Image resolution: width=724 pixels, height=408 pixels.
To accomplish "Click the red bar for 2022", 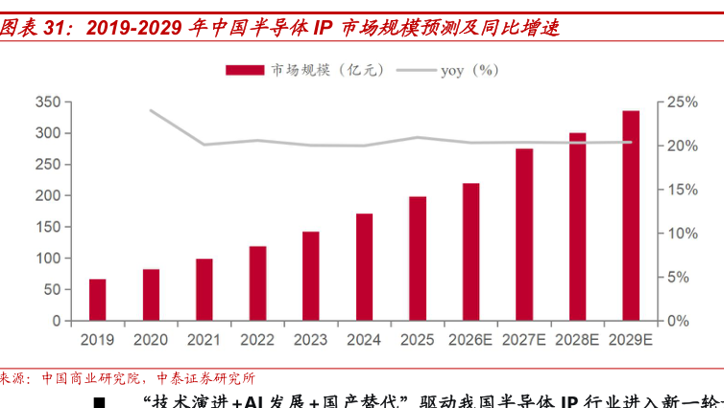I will tap(257, 283).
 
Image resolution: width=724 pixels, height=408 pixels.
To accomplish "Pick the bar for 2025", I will tap(418, 258).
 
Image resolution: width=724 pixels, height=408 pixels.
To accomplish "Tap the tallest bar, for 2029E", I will tap(631, 216).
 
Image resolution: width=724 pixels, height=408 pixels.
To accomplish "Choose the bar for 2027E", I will tap(524, 234).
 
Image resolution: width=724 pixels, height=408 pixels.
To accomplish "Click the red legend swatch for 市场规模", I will tap(245, 69).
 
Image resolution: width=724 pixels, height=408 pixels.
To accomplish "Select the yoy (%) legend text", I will tap(470, 69).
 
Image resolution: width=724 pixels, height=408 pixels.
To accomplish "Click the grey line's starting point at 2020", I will tap(151, 110).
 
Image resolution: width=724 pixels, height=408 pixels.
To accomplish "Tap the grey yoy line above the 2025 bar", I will tap(418, 137).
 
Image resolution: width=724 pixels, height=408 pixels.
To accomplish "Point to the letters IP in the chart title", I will tap(323, 28).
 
